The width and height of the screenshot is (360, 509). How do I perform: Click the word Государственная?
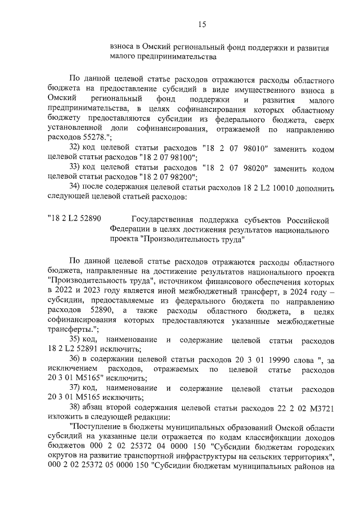[167, 220]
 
